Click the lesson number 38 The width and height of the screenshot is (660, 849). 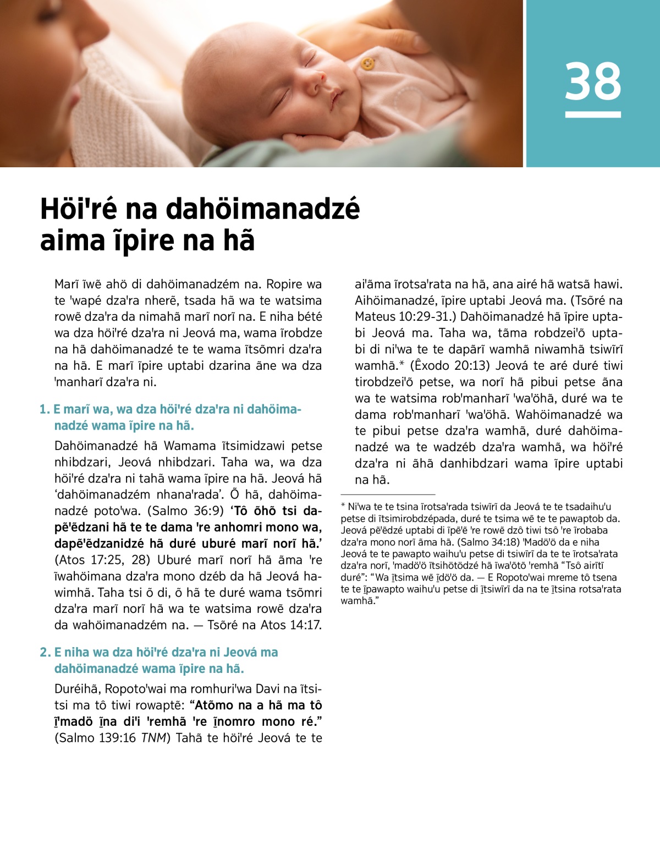pos(593,81)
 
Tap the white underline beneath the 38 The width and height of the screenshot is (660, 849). pos(593,114)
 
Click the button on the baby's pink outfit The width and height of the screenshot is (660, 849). pos(367,64)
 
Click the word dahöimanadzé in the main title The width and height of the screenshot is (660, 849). pos(263,210)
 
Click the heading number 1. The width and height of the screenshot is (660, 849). pos(44,409)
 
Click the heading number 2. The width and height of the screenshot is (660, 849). pos(45,652)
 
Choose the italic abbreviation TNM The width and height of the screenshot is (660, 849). pos(154,738)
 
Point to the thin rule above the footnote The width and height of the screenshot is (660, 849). pos(388,495)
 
